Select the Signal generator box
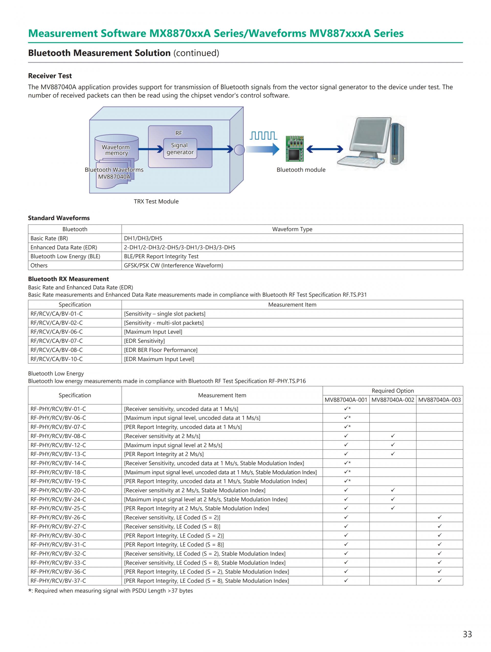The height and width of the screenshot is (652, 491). coord(180,149)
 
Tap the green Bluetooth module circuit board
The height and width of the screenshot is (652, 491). coord(294,149)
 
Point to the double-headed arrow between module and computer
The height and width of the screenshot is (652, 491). coord(325,149)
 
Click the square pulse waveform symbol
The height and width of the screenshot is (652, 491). coord(263,136)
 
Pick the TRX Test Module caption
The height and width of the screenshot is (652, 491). coord(156,201)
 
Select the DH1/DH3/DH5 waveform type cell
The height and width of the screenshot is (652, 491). coord(143,238)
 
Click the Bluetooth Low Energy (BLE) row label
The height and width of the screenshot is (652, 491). coord(65,256)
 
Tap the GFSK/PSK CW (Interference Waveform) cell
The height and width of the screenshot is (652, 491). coord(173,265)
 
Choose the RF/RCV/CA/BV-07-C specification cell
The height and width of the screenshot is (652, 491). coord(57,341)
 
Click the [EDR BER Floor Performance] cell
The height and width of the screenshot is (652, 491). coord(161,350)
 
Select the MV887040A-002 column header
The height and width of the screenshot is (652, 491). coord(393,400)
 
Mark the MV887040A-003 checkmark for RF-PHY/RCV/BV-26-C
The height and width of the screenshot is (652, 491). coord(439,517)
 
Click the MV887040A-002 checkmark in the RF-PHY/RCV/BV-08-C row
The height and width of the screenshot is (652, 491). coord(393,436)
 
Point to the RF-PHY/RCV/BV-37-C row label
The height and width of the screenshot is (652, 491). coord(58,580)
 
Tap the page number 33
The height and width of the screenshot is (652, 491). coord(467,634)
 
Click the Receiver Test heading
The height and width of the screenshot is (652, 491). coord(50,76)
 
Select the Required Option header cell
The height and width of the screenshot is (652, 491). coord(393,390)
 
